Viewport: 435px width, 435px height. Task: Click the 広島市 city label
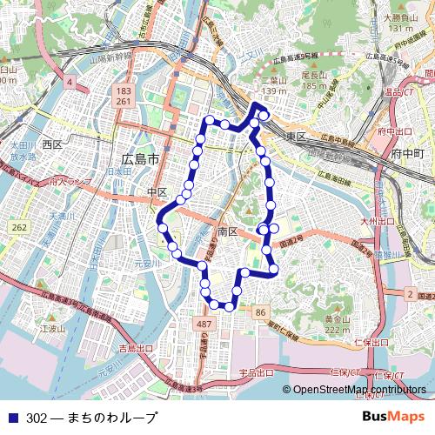[140, 160]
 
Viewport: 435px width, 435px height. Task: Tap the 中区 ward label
[157, 191]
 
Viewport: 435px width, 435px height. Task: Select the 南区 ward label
[228, 232]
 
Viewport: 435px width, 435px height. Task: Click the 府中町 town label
[406, 153]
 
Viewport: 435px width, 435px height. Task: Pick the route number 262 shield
[19, 227]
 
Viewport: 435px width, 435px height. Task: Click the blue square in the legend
[11, 418]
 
